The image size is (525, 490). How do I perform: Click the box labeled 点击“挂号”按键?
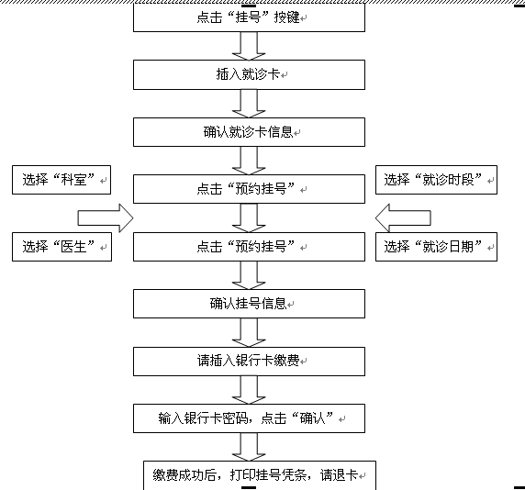point(249,17)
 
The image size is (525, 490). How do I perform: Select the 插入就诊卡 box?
point(249,74)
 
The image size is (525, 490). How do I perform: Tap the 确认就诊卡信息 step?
point(249,132)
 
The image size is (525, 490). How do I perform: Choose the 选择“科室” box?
point(61,180)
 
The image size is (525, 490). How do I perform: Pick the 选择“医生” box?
point(61,247)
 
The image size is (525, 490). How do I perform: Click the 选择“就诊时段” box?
point(436,180)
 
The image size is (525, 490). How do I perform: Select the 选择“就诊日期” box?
point(436,247)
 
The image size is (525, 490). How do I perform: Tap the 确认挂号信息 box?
point(249,304)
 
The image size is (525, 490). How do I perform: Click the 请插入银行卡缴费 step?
point(249,362)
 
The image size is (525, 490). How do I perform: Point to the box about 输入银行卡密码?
point(249,418)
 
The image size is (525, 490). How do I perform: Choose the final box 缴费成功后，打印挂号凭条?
point(260,475)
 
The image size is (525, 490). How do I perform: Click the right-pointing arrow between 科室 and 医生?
point(106,218)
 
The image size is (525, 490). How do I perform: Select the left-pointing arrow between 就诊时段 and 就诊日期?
point(403,218)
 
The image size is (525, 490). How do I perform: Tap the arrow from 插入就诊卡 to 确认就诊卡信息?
point(249,104)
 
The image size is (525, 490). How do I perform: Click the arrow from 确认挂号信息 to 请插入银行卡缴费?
point(249,332)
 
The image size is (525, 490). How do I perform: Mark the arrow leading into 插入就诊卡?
point(249,46)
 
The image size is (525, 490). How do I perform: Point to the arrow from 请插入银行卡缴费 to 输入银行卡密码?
point(249,390)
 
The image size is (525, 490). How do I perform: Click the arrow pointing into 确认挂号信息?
point(249,274)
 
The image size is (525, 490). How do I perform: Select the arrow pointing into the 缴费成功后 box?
point(249,447)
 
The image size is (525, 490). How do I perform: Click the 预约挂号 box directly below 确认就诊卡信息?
point(249,189)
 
